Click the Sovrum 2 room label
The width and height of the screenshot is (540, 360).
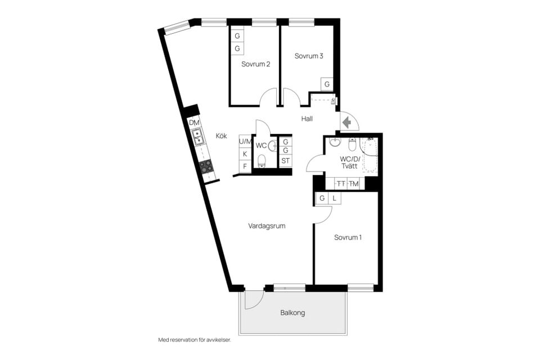255,64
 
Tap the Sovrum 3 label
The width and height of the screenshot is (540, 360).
309,56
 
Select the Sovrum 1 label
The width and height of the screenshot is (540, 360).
348,237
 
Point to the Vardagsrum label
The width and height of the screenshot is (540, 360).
267,226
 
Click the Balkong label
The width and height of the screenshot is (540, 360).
292,313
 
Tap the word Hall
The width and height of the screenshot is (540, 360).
307,119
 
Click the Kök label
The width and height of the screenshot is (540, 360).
222,136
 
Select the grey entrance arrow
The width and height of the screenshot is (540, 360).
347,122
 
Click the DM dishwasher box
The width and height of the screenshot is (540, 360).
194,123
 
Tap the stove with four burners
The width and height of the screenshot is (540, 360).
206,166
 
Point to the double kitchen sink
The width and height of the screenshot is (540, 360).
197,137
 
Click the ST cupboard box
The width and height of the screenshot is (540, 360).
286,160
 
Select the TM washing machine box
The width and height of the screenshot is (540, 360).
353,183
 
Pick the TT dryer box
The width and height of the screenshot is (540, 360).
341,183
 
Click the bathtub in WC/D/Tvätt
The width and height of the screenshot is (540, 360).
369,155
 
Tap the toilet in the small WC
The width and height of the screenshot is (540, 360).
262,160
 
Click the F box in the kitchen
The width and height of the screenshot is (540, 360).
245,166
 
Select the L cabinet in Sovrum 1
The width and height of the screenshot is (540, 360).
334,198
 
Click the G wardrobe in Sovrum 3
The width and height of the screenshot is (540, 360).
327,84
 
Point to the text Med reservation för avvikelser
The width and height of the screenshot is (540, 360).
195,340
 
